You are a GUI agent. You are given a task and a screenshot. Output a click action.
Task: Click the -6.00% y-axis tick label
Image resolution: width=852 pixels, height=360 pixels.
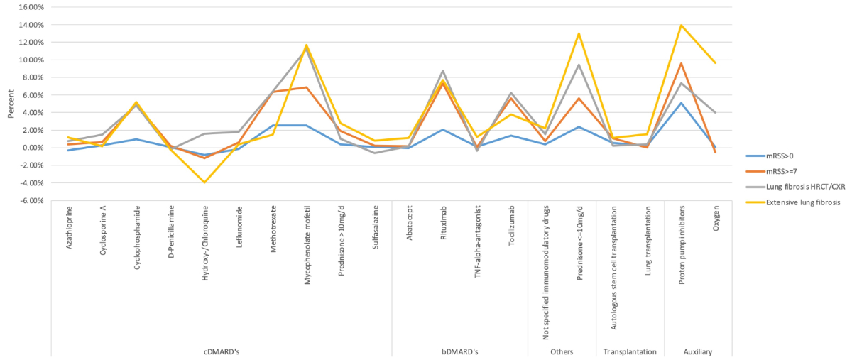[x=31, y=201]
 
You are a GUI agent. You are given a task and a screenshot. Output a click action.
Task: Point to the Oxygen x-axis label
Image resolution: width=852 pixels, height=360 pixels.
[x=715, y=222]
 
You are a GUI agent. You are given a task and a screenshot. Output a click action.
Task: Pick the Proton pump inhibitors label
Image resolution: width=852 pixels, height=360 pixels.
[x=681, y=242]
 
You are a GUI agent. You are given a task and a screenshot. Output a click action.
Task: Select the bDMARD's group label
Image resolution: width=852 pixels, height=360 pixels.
[x=460, y=352]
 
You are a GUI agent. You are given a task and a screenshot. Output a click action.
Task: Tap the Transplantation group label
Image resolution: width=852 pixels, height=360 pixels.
[x=630, y=352]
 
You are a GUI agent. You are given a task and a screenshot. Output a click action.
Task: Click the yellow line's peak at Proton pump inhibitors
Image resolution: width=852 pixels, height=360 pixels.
[x=681, y=25]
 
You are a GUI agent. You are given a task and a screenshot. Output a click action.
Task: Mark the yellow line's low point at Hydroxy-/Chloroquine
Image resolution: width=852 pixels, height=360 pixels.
[x=205, y=182]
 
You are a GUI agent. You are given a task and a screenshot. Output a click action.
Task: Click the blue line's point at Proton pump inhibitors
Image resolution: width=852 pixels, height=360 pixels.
[x=681, y=103]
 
